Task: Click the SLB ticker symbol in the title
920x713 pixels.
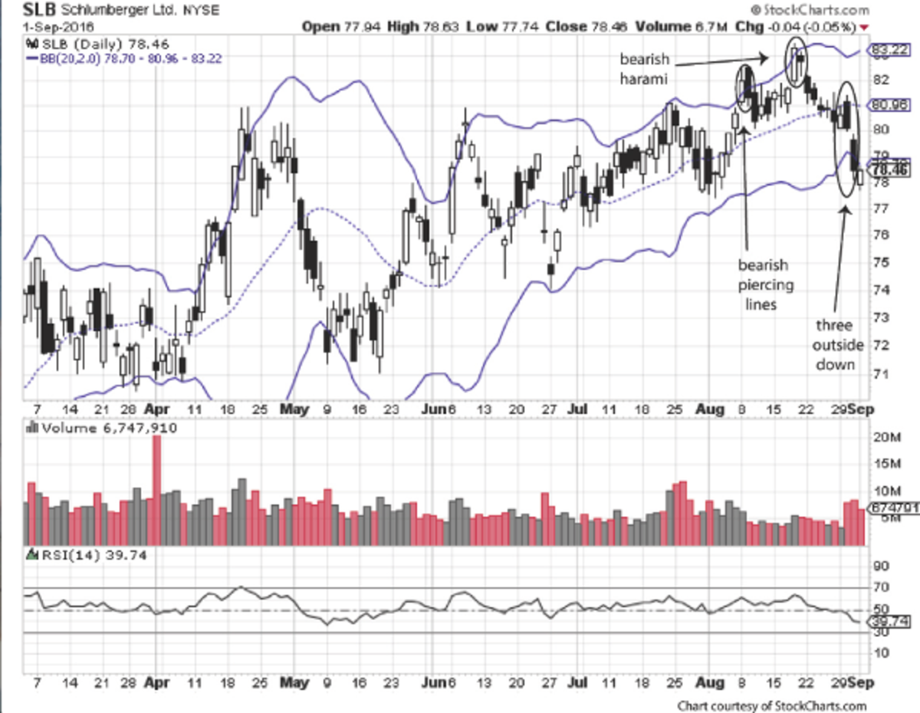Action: [x=21, y=10]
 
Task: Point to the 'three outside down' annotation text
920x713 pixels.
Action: [x=834, y=344]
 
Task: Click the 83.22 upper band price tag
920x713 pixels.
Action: [x=889, y=51]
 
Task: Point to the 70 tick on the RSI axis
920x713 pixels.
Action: [x=881, y=587]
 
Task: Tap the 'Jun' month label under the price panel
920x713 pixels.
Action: [x=432, y=408]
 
